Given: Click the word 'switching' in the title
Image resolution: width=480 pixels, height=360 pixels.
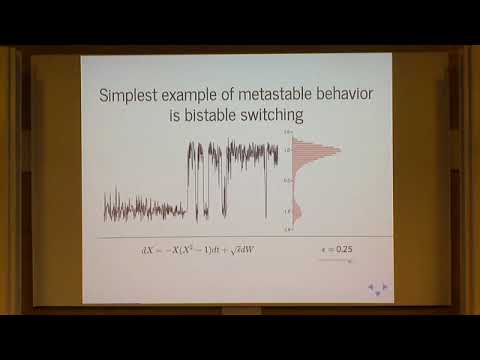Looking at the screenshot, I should (x=274, y=116).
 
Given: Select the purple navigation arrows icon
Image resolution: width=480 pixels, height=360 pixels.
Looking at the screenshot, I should (x=377, y=289).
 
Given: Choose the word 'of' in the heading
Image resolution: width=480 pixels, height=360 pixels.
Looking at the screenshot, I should (x=222, y=97).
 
